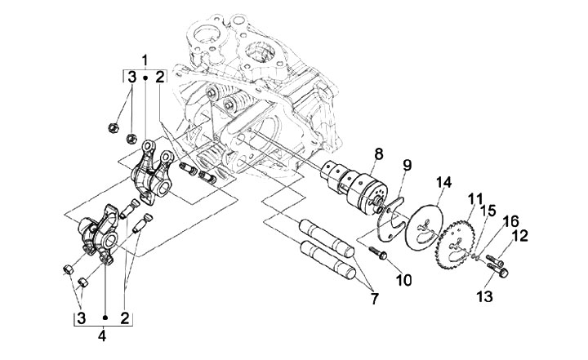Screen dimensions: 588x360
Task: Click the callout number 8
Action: point(378,154)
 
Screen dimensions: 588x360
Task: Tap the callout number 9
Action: point(407,166)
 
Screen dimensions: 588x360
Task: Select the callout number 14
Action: point(443,183)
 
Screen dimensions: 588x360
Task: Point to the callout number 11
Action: point(475,199)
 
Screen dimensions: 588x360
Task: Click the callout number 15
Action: point(488,211)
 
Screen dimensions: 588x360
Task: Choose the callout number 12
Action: point(520,236)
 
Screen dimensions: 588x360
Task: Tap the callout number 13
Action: point(484,296)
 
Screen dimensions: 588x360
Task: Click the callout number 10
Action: point(403,280)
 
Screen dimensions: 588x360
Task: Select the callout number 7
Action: point(374,299)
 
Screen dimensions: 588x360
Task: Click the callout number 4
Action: point(102,336)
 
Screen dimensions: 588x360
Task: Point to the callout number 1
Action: point(145,60)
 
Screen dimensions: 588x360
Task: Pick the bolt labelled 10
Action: point(377,253)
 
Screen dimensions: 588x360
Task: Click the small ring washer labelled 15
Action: point(475,256)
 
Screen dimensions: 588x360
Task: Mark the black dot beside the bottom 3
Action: point(105,318)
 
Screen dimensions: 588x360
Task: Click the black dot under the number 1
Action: point(145,78)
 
